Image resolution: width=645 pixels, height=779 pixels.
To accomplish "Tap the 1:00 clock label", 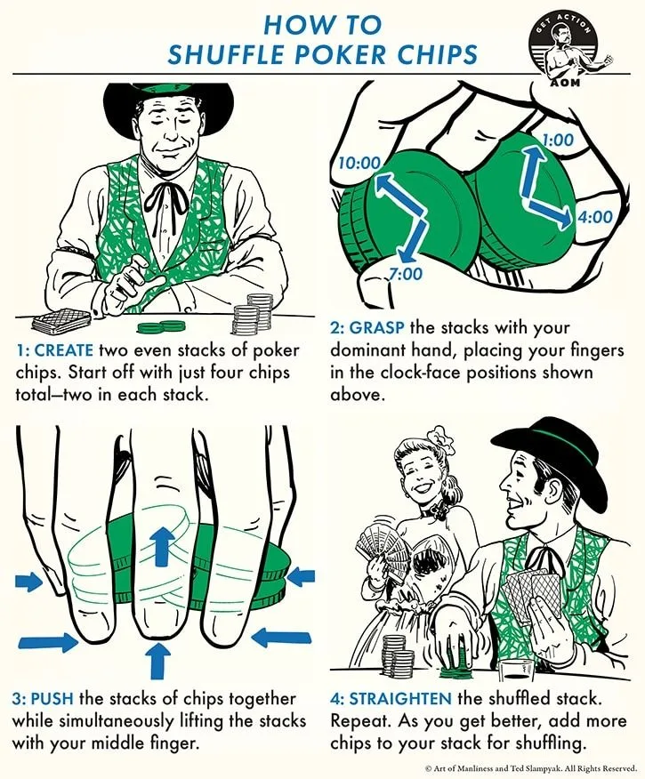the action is coord(558,140).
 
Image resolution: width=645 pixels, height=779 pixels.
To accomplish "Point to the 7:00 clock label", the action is coord(405,273).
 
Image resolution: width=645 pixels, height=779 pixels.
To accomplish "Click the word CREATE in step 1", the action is coord(62,350).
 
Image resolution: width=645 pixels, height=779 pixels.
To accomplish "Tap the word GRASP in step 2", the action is coord(377,328).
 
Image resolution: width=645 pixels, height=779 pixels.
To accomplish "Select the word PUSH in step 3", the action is coord(52,698).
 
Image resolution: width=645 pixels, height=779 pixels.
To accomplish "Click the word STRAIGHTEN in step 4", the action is coord(400,698).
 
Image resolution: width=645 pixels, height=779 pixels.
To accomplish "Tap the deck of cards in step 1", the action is coord(61,321).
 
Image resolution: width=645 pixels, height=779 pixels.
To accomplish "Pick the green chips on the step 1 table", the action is coord(161,327).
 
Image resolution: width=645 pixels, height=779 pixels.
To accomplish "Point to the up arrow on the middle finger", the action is coord(159,547).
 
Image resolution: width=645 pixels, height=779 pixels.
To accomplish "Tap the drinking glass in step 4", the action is coord(517,670).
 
